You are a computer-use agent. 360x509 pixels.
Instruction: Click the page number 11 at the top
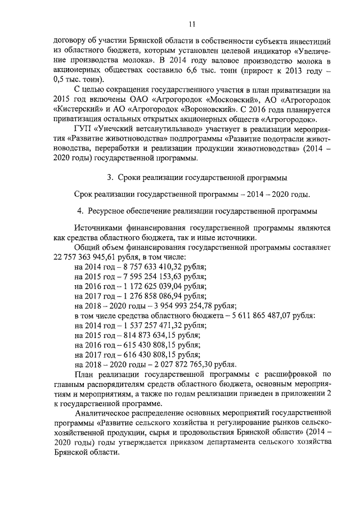pyautogui.click(x=192, y=24)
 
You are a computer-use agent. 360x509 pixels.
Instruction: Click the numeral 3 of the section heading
pyautogui.click(x=110, y=178)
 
